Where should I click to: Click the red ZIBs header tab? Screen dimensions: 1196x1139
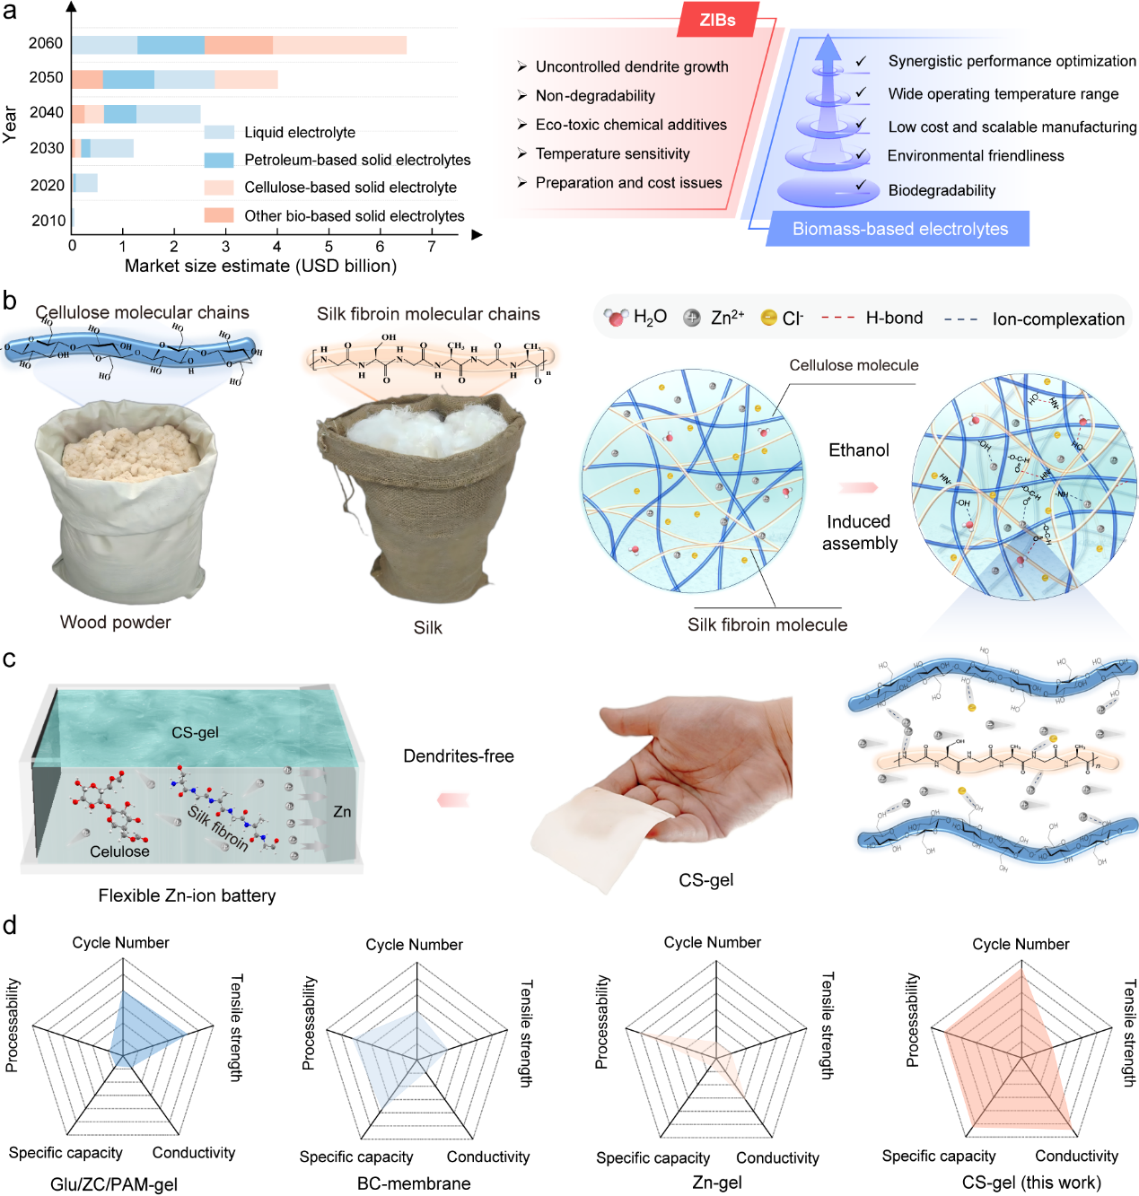718,20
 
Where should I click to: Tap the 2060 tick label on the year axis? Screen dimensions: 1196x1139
46,43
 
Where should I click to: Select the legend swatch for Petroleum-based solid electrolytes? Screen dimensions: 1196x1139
219,160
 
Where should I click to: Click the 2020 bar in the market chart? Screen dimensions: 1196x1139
85,184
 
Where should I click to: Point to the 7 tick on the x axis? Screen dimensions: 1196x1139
432,247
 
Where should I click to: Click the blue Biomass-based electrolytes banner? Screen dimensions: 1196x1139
899,229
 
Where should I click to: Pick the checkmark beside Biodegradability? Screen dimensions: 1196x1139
862,186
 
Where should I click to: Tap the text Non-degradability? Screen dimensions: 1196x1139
595,96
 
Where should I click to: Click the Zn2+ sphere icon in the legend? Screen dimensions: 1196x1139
692,318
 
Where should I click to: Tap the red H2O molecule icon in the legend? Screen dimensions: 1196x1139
617,318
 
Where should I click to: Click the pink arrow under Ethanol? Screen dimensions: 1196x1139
859,487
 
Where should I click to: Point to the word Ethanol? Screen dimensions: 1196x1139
859,450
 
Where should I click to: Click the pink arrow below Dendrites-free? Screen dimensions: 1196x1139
454,799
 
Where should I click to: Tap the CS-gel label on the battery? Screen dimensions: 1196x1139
195,732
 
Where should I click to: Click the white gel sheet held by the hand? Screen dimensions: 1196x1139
592,834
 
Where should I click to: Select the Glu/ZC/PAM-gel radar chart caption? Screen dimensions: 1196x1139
114,1184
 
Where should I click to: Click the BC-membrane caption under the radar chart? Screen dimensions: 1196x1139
414,1183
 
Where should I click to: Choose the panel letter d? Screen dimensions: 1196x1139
10,925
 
